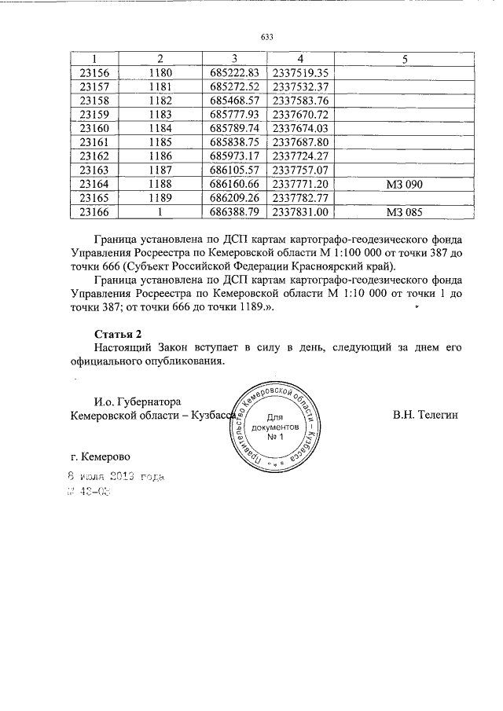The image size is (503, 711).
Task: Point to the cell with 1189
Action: pos(160,197)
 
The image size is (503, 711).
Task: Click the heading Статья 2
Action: pos(117,333)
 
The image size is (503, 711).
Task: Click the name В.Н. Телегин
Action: pos(425,414)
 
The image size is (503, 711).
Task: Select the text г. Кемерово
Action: pos(100,456)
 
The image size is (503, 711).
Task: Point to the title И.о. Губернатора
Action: pos(138,401)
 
